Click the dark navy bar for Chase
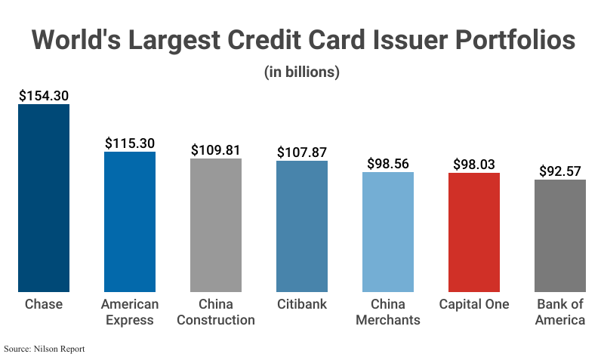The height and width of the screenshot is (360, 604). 44,198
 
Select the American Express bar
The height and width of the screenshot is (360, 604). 130,222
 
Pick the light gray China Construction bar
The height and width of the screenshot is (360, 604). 216,225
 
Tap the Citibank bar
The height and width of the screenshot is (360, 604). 302,226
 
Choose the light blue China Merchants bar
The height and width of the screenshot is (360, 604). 388,232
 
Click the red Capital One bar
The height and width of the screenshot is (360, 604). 474,232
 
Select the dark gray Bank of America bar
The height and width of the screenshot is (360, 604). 560,235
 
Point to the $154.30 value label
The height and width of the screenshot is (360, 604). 44,96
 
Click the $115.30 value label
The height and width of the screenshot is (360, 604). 130,143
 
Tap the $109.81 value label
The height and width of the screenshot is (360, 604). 216,150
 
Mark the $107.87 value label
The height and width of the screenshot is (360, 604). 302,152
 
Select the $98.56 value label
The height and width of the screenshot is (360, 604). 388,164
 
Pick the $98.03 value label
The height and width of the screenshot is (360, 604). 474,165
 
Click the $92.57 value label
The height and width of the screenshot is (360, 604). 560,171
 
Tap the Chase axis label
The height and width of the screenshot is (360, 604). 44,304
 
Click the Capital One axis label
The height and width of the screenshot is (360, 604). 474,304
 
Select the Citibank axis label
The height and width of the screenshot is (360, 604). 302,304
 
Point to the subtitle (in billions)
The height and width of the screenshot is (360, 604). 302,72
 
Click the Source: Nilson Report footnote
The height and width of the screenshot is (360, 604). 45,349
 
